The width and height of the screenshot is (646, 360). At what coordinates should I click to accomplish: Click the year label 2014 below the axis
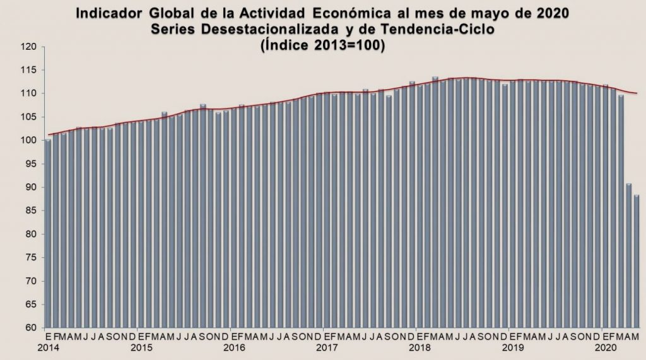[x=49, y=347]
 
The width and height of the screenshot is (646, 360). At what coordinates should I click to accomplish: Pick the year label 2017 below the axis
[x=326, y=347]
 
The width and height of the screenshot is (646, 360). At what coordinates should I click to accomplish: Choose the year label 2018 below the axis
[x=418, y=347]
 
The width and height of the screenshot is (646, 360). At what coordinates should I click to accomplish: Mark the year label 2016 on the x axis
[x=233, y=347]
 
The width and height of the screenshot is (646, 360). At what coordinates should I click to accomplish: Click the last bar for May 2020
[x=637, y=262]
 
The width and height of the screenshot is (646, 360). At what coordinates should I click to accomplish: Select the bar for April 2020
[x=629, y=255]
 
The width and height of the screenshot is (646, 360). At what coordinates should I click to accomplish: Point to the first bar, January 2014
[x=49, y=233]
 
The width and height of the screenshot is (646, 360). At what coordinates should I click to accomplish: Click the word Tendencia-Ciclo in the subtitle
[x=455, y=29]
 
